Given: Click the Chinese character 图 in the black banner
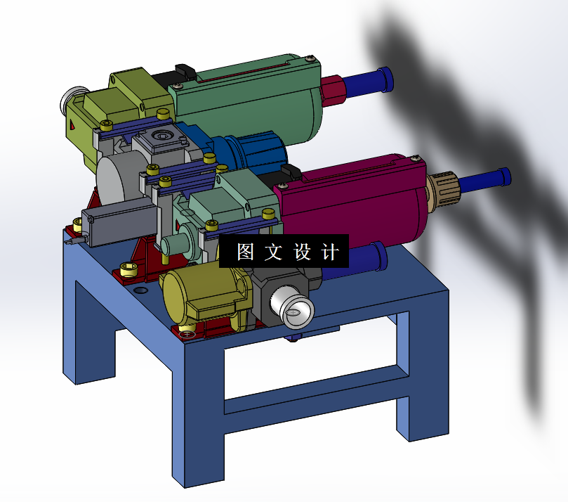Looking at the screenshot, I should coord(245,252).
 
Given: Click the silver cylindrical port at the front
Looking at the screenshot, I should coord(293,309).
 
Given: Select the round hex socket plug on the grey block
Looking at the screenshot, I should coord(164,136).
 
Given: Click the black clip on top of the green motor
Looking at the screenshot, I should coord(185,71).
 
